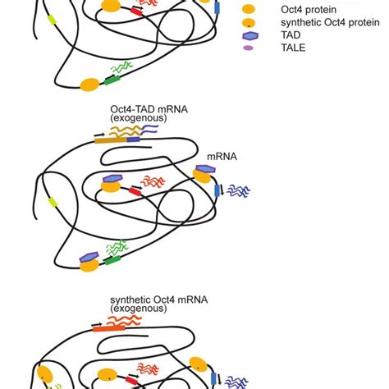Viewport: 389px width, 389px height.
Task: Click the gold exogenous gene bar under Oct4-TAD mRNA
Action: [111, 140]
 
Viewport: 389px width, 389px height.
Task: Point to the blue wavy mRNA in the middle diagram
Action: [238, 190]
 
